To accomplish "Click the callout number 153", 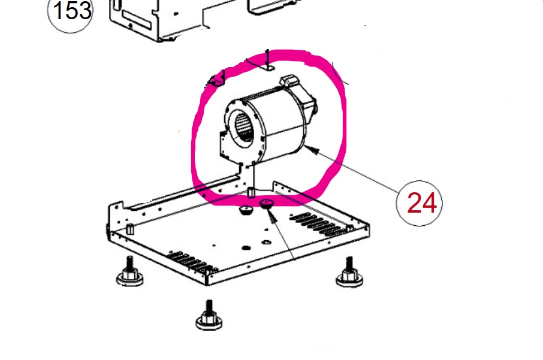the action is pos(73,10).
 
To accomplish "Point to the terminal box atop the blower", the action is pos(289,81).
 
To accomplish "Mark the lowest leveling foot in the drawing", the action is pos(209,315).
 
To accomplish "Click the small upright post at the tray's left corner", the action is pos(130,229).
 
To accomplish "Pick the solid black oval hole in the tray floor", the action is pos(246,247).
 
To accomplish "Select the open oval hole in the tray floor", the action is pos(266,242).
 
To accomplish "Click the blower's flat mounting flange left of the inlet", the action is pos(224,146).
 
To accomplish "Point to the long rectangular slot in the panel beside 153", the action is pos(136,20).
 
